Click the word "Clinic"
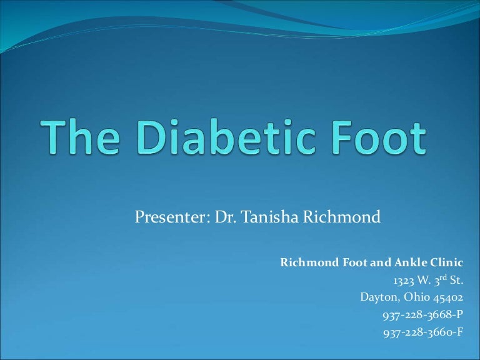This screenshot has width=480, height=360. pos(445,262)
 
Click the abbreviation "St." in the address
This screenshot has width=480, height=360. pos(456,280)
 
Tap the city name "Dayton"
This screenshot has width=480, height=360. pos(377,297)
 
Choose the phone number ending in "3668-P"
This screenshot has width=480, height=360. pos(423,315)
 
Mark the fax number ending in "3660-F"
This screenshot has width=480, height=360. pos(423,332)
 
